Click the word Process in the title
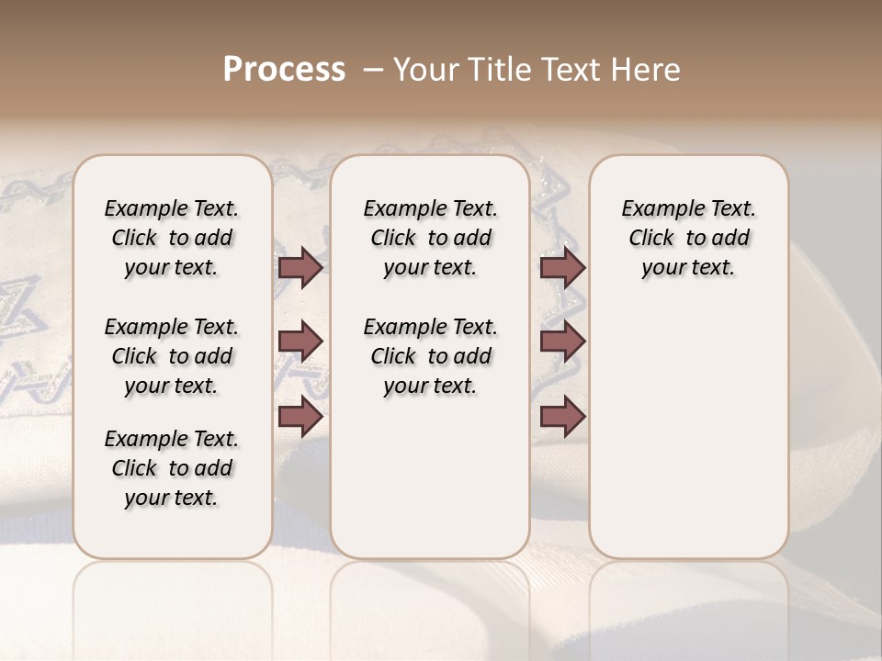point(284,70)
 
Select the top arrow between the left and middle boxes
point(300,267)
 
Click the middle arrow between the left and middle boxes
point(300,342)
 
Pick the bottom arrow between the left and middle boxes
point(300,417)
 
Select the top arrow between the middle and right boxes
point(562,267)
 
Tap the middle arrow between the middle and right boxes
point(562,342)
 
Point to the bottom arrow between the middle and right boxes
point(562,417)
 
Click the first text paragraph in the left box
point(172,238)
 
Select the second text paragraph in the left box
point(172,356)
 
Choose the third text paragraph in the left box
point(172,468)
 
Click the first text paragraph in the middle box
point(430,238)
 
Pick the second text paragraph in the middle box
point(430,356)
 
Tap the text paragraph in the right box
point(688,238)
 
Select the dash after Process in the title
point(373,70)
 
